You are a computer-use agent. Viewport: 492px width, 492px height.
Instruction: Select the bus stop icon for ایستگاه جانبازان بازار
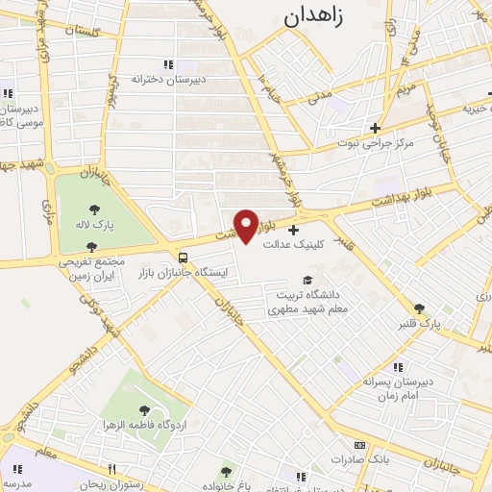pyautogui.click(x=184, y=258)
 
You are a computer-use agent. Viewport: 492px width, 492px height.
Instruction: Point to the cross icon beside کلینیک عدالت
pyautogui.click(x=293, y=230)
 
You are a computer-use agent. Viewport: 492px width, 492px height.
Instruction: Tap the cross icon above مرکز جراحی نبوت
pyautogui.click(x=375, y=127)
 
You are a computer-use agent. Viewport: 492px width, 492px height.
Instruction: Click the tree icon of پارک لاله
pyautogui.click(x=92, y=209)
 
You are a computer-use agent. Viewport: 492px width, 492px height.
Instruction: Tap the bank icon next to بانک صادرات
pyautogui.click(x=360, y=446)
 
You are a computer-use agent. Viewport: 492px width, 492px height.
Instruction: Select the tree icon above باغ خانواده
pyautogui.click(x=226, y=471)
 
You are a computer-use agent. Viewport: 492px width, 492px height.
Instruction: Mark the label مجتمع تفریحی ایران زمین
pyautogui.click(x=66, y=268)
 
